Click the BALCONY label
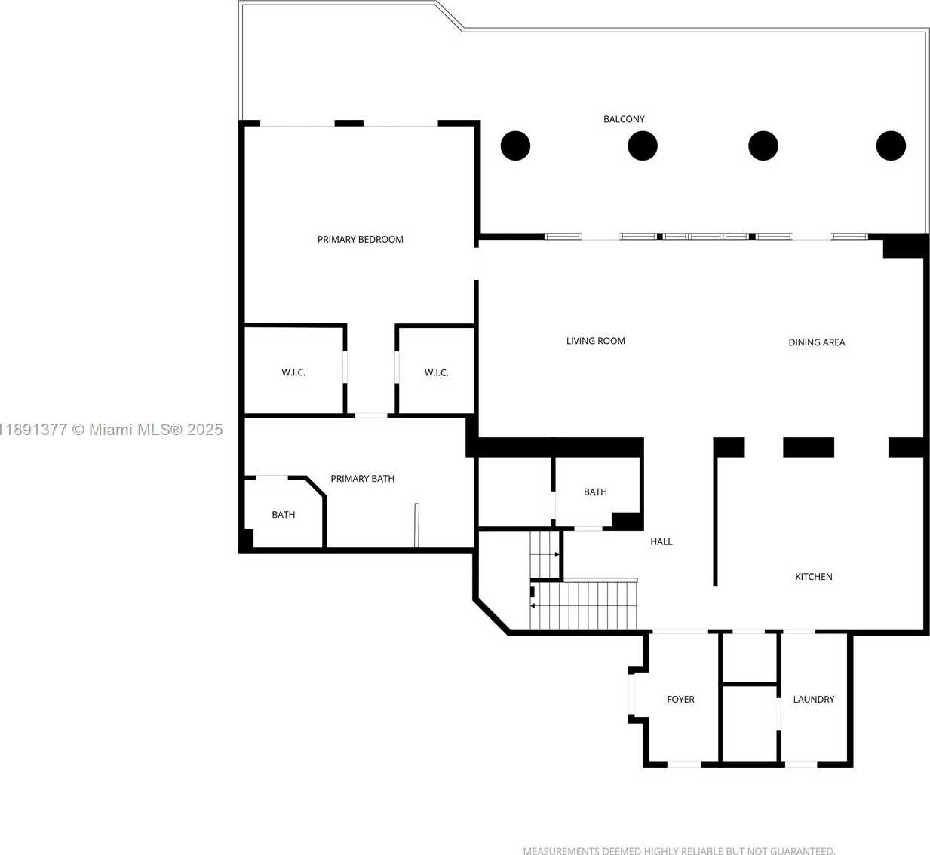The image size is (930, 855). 624,119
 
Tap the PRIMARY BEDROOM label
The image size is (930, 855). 361,240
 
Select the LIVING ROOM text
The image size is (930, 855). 596,341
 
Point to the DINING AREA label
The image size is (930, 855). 816,342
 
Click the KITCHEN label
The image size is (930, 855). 814,577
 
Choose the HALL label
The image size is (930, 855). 661,542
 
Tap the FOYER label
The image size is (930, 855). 680,699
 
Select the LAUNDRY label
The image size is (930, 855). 814,699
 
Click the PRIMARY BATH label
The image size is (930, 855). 363,479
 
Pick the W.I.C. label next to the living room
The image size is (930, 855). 436,373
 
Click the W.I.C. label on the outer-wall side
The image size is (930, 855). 293,372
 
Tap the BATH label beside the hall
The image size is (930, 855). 595,492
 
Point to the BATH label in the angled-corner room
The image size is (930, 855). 284,515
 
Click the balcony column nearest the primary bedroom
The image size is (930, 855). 515,146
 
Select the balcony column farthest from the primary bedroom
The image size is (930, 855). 891,146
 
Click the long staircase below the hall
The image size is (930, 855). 584,605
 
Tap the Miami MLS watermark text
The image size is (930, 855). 112,430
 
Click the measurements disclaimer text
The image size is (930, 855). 679,850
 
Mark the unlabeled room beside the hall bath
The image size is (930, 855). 514,492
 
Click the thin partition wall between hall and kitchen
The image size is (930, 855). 715,520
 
